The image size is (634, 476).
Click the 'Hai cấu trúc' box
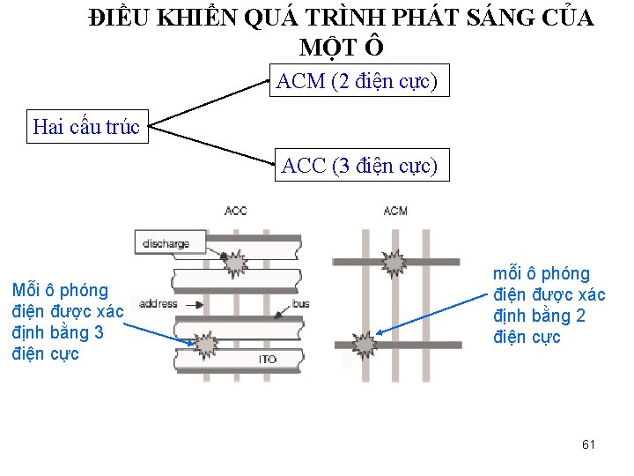(x=85, y=127)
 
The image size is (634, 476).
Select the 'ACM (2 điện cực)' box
(x=357, y=82)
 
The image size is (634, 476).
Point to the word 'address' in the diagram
(x=158, y=304)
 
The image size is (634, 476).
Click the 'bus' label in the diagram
(x=301, y=304)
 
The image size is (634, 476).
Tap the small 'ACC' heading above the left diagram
(x=236, y=211)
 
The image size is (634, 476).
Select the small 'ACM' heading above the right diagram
(x=395, y=211)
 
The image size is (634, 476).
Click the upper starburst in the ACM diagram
(x=392, y=262)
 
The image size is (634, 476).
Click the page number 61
(x=588, y=444)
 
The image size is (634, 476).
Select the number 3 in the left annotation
(x=99, y=332)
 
